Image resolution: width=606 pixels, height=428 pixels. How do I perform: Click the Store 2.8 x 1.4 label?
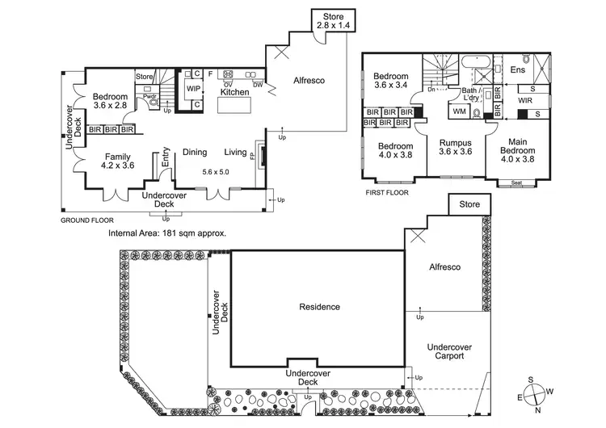(x=332, y=21)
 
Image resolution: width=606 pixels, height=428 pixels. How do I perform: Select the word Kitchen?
(x=234, y=93)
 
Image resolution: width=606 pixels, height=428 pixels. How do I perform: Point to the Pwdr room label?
(x=149, y=97)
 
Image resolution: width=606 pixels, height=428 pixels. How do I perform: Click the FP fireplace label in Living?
(x=252, y=156)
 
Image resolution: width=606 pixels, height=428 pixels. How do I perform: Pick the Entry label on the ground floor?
(x=166, y=157)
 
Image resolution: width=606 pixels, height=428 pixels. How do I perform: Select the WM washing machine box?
(x=459, y=111)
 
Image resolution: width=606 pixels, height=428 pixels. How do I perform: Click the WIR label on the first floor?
(x=525, y=102)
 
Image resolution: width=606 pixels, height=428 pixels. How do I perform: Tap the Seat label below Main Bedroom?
(x=516, y=183)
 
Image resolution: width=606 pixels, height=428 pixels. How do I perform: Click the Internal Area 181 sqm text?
(x=166, y=233)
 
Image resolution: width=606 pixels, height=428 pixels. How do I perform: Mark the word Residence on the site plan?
(x=319, y=307)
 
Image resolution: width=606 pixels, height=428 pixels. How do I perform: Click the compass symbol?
(x=535, y=395)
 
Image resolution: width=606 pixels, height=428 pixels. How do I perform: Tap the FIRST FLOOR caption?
(x=387, y=193)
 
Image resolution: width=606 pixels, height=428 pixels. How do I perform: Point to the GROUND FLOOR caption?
(x=87, y=220)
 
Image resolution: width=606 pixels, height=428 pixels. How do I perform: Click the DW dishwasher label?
(x=257, y=84)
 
